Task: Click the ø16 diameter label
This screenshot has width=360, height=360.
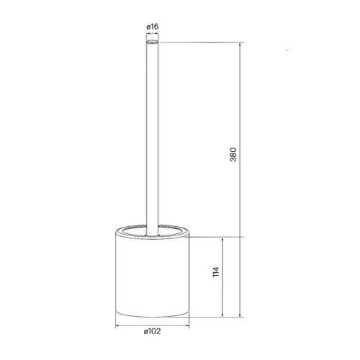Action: [152, 27]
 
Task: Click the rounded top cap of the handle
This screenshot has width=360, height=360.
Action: [151, 43]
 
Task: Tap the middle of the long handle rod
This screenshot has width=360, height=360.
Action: [151, 137]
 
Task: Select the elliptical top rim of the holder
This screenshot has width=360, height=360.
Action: [151, 232]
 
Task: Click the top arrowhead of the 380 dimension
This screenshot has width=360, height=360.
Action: [241, 45]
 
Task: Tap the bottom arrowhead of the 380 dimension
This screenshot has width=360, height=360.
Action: [241, 317]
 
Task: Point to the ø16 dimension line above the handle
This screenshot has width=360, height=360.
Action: [152, 35]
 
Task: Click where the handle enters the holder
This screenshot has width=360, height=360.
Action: [151, 229]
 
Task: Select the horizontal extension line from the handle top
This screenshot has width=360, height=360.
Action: [202, 42]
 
